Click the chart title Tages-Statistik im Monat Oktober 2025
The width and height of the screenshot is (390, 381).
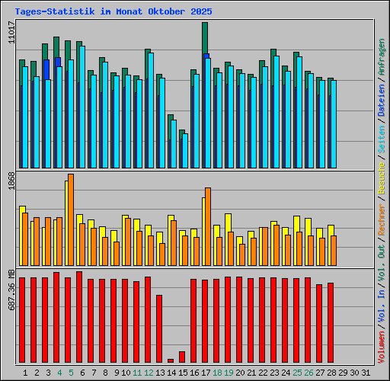113,12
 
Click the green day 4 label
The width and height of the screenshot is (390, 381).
59,372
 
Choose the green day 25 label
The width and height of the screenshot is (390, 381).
298,372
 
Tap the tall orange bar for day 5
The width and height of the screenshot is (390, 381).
71,219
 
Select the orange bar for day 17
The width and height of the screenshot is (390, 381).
208,226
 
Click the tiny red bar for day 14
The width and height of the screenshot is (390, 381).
171,360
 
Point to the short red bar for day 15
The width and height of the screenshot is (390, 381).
182,357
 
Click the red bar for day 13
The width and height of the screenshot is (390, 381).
159,328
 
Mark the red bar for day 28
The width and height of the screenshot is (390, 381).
331,322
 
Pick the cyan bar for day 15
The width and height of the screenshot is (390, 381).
185,151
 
